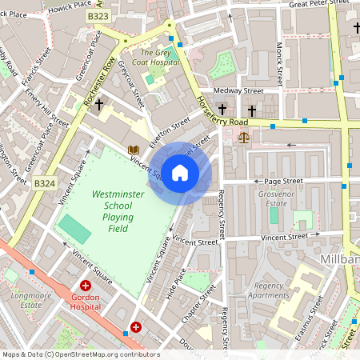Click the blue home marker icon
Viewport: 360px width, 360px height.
(x=180, y=173)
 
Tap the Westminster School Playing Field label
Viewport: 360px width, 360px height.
(x=113, y=211)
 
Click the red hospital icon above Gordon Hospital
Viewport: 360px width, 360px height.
(x=85, y=286)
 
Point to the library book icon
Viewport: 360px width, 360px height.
(x=133, y=150)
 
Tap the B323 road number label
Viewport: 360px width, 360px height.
(x=98, y=16)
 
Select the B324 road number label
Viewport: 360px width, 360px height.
(x=45, y=183)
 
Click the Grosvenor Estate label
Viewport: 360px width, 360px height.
(x=281, y=198)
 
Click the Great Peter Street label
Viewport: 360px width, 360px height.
(x=318, y=5)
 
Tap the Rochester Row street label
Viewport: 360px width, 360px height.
(x=100, y=88)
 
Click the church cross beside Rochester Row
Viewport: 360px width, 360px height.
(x=99, y=105)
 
